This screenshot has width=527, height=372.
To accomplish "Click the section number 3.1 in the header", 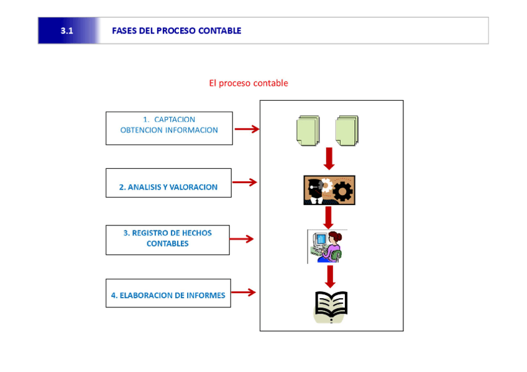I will tap(67, 31).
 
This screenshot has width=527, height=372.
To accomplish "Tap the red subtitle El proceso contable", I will tap(249, 83).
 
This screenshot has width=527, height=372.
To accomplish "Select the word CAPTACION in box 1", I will tap(175, 119).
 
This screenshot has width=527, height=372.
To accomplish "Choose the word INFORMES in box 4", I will tap(205, 296).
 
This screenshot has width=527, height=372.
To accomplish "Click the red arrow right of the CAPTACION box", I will tap(246, 129).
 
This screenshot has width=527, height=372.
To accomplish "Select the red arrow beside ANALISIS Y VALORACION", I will tap(244, 183).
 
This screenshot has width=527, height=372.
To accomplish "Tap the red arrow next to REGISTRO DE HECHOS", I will tap(242, 239).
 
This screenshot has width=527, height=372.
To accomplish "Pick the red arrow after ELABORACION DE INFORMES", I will tap(243, 293).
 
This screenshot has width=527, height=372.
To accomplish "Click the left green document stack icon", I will tap(308, 130).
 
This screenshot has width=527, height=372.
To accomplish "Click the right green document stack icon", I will tap(347, 130).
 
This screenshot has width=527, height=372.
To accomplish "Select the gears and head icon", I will tap(329, 190).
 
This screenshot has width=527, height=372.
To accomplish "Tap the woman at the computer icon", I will tap(328, 247).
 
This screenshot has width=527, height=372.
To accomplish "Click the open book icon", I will tap(331, 306).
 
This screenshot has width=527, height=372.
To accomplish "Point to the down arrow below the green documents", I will tap(329, 158).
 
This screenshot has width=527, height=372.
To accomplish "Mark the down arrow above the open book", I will tap(330, 276).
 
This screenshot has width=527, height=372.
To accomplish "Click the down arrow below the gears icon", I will tap(329, 217).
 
